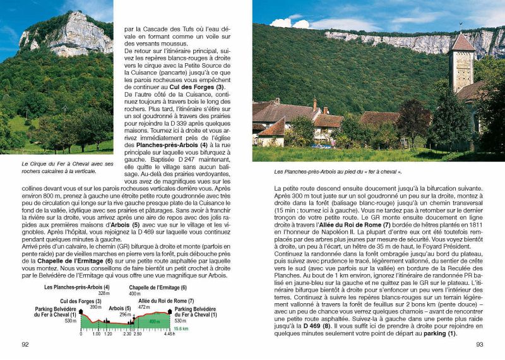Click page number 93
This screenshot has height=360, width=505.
[x=479, y=344]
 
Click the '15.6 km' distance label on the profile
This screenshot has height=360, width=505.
[x=181, y=328]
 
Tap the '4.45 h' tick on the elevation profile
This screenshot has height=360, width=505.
[x=169, y=334]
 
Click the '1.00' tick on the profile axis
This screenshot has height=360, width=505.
[x=96, y=334]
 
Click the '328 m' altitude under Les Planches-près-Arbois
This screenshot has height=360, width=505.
[x=104, y=294]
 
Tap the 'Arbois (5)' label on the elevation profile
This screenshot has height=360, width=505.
[x=119, y=308]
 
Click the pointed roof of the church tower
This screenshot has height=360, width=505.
[x=463, y=42]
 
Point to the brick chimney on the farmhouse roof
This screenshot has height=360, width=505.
[x=315, y=103]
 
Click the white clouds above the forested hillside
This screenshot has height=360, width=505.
[x=290, y=22]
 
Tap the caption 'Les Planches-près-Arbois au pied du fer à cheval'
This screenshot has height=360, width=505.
[x=338, y=171]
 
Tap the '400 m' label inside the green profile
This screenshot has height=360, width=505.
[x=154, y=321]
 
